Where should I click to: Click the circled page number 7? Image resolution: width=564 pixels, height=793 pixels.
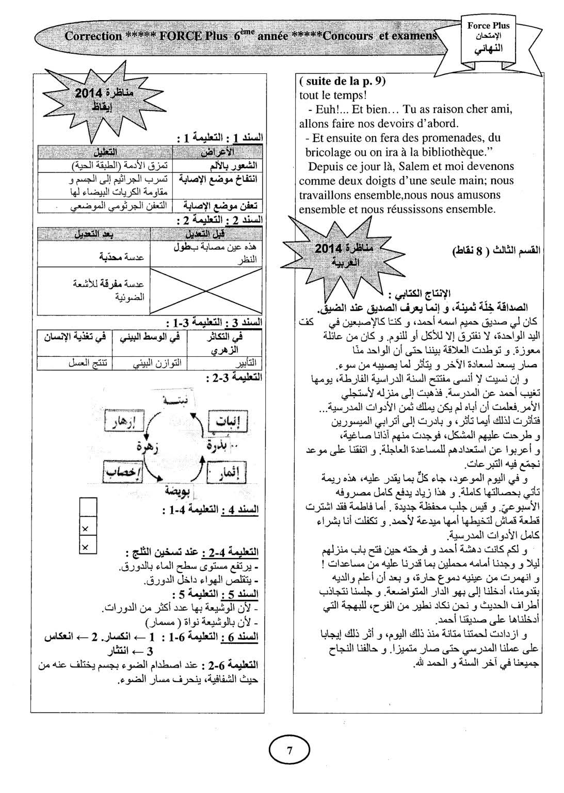click(289, 751)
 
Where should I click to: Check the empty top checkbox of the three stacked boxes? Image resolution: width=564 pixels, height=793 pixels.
click(88, 506)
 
